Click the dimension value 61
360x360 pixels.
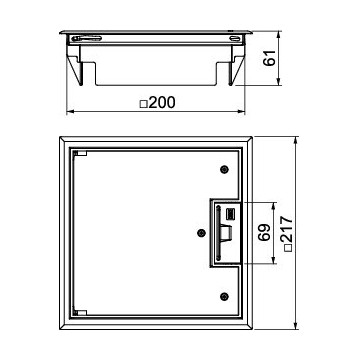click(x=271, y=58)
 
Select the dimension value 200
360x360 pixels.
click(x=162, y=103)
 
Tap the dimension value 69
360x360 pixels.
click(x=264, y=232)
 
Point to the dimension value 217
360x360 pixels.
click(x=286, y=229)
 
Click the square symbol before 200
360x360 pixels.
click(x=144, y=104)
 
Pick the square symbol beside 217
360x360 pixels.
click(x=288, y=247)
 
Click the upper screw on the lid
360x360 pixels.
click(x=225, y=169)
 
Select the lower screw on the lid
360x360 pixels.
click(x=225, y=296)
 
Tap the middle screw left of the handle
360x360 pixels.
click(x=201, y=233)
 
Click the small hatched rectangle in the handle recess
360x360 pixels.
click(x=230, y=213)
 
